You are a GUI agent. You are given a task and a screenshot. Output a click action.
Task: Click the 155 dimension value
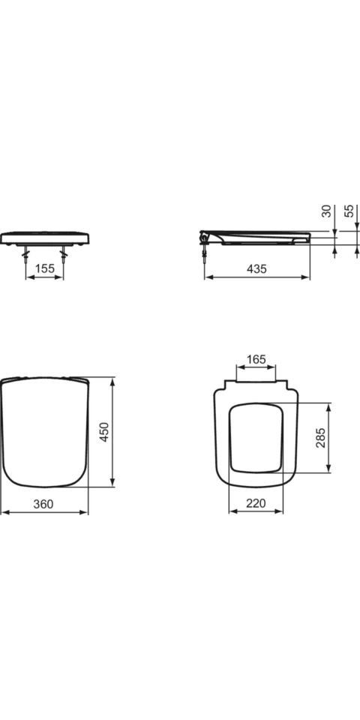[x=45, y=268]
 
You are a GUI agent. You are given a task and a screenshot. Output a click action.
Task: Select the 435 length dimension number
[x=256, y=268]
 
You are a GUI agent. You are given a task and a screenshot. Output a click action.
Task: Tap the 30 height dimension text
[x=326, y=211]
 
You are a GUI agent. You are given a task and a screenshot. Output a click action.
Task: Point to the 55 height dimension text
[x=349, y=211]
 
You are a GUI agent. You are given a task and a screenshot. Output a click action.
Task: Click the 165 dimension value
[x=256, y=359]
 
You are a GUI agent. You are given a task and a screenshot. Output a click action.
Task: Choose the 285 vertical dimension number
[x=320, y=438]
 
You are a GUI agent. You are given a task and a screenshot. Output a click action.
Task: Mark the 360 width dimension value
[x=44, y=505]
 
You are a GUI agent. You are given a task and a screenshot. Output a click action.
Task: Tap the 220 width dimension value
[x=256, y=505]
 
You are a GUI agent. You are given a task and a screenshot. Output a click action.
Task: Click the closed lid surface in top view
[x=44, y=431]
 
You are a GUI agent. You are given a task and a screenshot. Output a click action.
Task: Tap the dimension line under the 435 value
[x=256, y=277]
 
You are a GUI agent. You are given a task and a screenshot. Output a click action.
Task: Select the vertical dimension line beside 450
[x=112, y=432]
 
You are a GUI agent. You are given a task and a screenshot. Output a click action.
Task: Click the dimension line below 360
[x=44, y=513]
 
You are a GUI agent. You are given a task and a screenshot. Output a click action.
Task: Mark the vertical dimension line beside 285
[x=328, y=438]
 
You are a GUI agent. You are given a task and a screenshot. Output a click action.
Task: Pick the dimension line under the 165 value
[x=256, y=368]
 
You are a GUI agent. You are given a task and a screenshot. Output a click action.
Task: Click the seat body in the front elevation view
[x=45, y=238]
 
